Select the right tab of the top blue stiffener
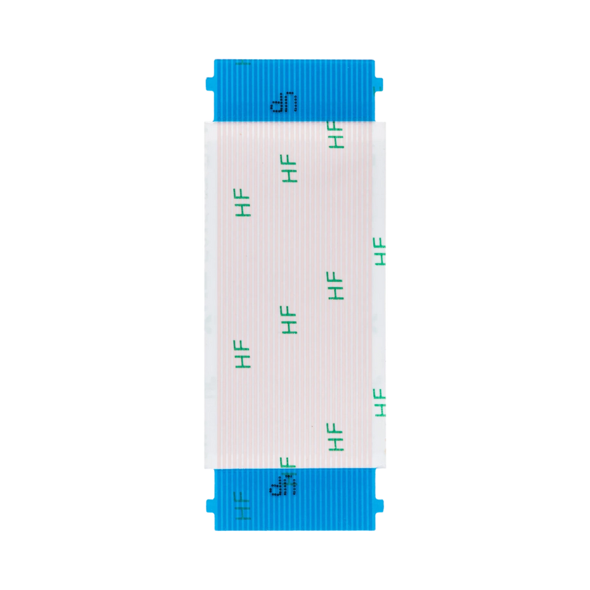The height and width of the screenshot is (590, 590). click(381, 84)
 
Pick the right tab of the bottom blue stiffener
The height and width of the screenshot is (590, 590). click(381, 506)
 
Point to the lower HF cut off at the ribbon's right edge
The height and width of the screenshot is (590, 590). click(380, 401)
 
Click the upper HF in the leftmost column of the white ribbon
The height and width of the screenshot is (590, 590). click(244, 203)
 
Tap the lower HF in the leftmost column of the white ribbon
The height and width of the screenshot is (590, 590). click(244, 353)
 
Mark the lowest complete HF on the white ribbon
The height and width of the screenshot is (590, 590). click(335, 436)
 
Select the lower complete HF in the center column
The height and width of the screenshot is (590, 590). click(290, 319)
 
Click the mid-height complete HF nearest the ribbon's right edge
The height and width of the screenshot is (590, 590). click(335, 285)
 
